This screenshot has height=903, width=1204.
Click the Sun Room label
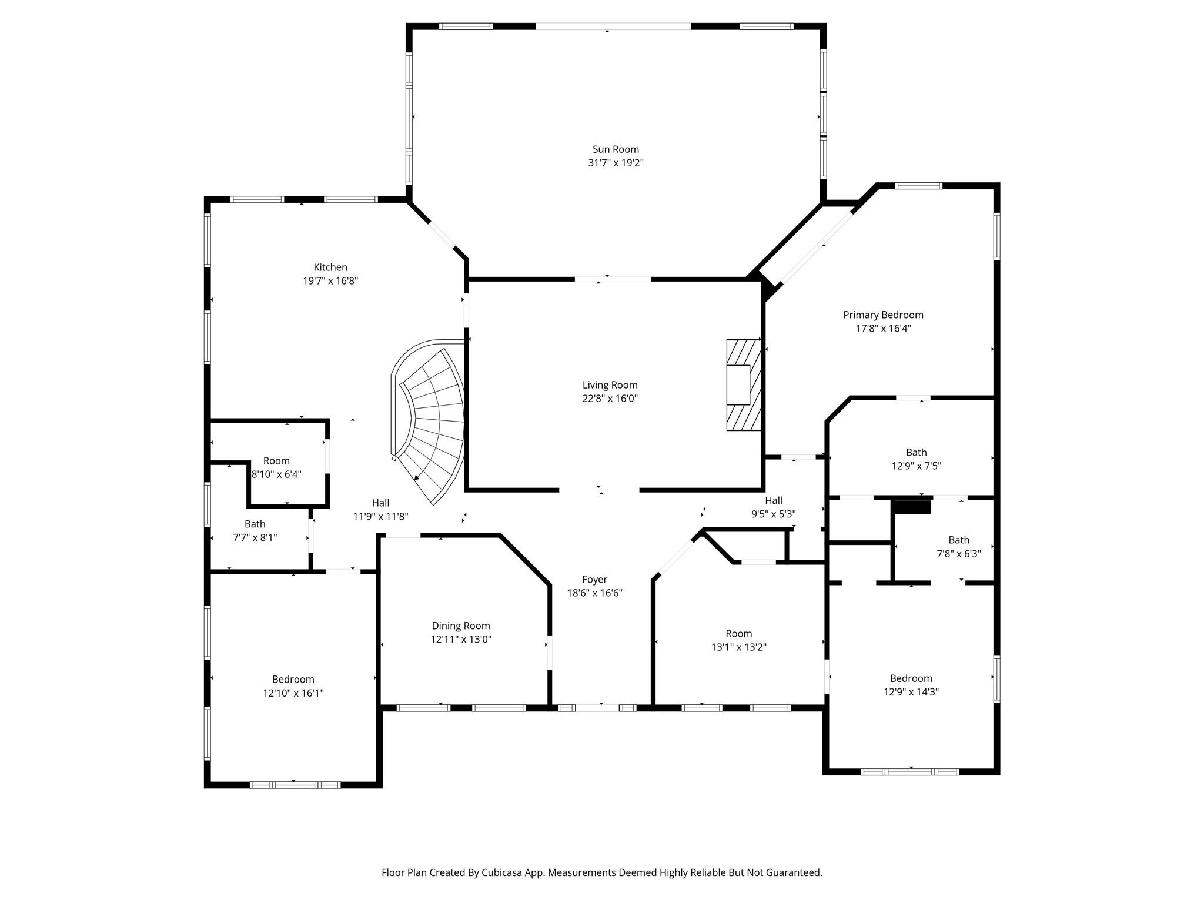coord(616,149)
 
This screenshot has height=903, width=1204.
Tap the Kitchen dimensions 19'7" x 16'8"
coord(330,281)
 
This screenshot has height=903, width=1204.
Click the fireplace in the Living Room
coord(743,384)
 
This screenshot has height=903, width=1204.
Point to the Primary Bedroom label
coord(883,315)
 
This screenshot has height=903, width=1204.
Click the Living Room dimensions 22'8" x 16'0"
coord(610,399)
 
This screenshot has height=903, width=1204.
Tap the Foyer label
coord(594,579)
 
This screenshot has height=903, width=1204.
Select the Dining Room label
coord(460,626)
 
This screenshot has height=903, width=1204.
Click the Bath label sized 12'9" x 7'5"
coord(916,452)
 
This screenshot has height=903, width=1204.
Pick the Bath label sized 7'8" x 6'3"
coord(958,540)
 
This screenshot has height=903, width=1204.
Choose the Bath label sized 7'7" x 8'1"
coord(255,524)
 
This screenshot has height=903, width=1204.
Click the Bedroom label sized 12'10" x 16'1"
coord(293,679)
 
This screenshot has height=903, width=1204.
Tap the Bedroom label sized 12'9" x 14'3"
coord(911,678)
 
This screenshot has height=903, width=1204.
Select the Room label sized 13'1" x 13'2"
coord(738,633)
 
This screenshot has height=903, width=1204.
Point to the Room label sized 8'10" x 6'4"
coord(276,461)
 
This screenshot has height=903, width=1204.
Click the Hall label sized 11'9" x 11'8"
coord(380,503)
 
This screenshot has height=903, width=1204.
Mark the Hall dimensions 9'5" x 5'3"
coord(773,514)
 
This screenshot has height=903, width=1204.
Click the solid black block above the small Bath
coord(912,506)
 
